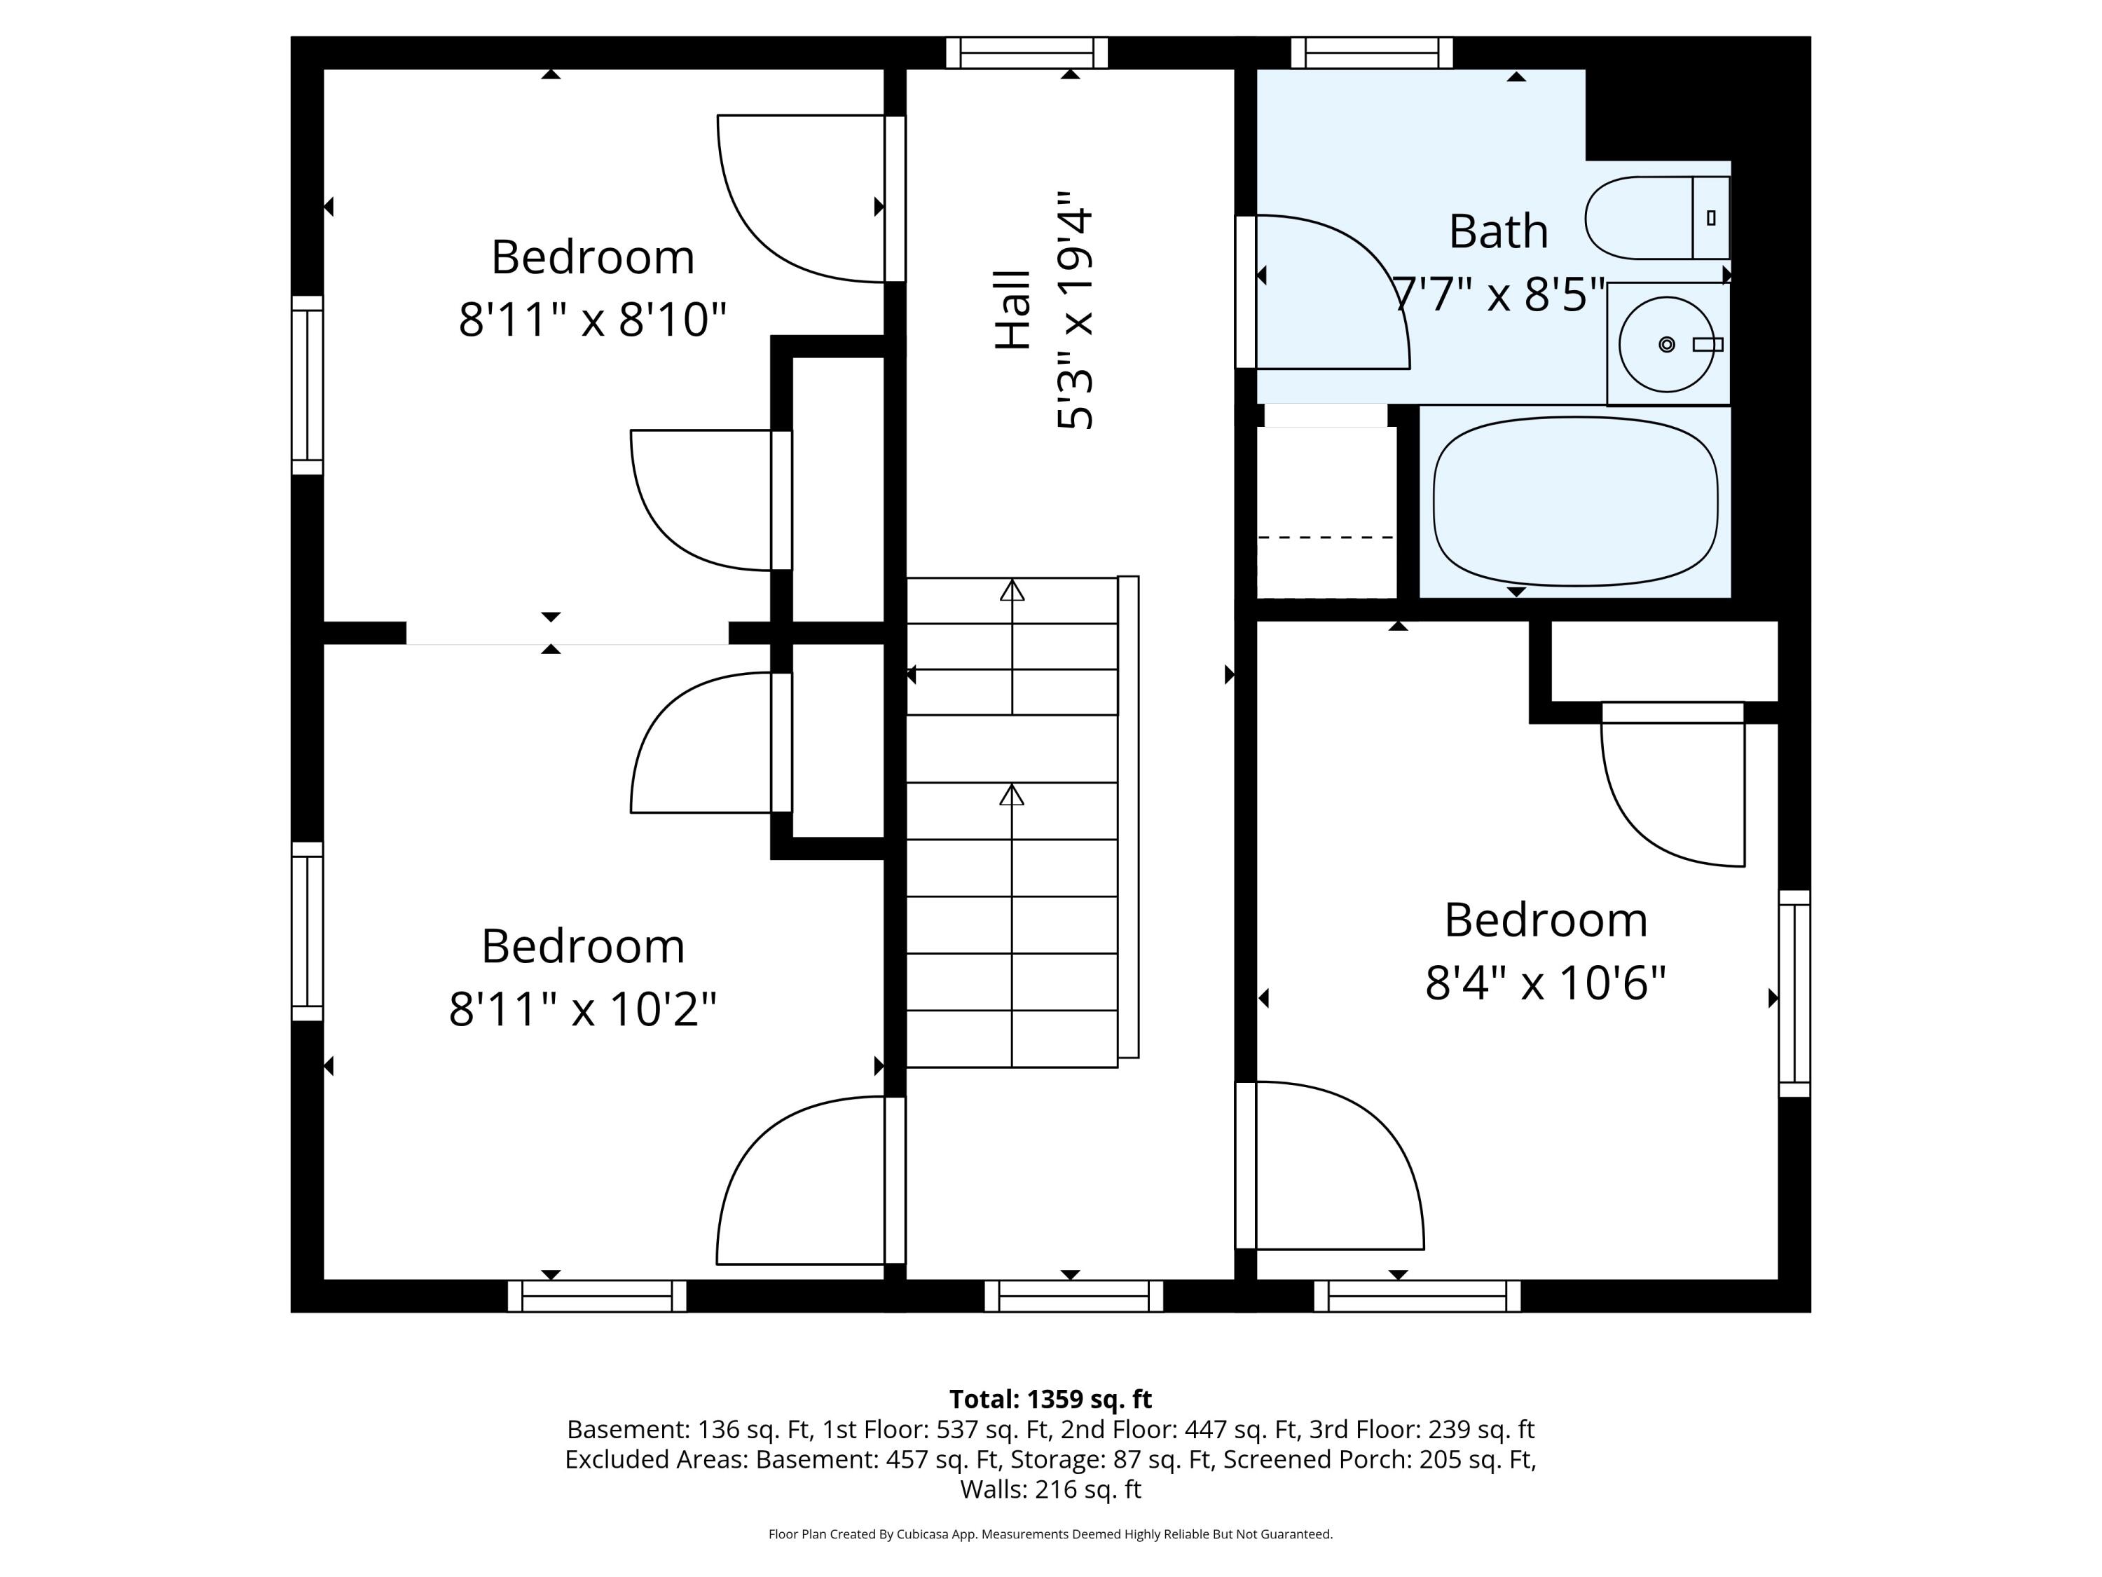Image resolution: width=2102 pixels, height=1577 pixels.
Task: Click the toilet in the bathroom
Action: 1656,218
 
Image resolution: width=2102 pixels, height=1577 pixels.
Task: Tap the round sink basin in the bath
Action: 1665,344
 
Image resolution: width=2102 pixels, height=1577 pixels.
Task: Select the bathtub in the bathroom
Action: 1574,501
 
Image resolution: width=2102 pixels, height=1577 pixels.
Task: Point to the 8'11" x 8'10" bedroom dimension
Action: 592,320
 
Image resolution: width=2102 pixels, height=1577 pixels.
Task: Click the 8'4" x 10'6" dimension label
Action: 1545,983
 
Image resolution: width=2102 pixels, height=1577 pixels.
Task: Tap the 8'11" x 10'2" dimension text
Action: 582,1009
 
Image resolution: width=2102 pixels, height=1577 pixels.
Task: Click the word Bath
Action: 1497,232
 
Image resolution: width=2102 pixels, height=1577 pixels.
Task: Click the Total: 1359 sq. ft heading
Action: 1050,1399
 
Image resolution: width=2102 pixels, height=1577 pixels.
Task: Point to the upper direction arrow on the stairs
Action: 1012,592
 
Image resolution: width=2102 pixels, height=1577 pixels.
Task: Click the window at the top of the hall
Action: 1026,53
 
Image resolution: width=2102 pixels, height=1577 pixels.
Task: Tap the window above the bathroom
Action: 1371,53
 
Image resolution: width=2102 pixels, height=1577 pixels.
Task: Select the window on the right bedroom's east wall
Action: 1794,993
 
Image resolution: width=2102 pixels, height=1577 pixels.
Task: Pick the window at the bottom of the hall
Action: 1074,1296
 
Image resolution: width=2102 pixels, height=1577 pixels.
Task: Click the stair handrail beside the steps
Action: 1128,817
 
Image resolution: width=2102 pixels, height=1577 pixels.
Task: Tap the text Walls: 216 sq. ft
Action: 1050,1489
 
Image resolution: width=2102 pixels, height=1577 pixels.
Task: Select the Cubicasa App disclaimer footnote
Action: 1050,1534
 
